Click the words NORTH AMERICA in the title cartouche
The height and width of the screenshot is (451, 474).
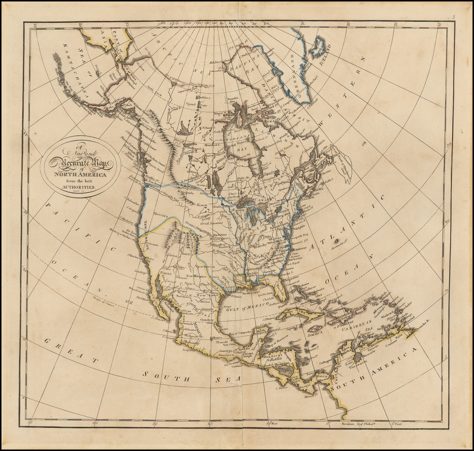tap(80, 174)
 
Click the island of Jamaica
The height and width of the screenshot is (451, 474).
tap(315, 328)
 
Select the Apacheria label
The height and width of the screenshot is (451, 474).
tap(205, 267)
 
